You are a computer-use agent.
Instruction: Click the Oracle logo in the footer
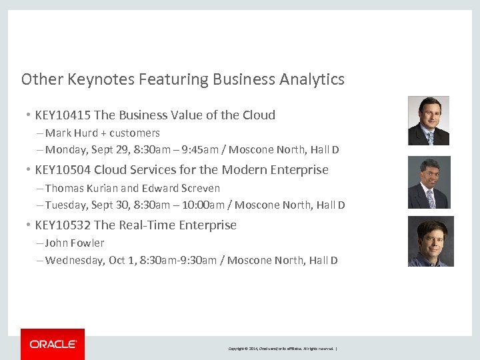(53, 344)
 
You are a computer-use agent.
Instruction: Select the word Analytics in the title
(312, 79)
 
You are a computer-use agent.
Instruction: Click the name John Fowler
(75, 243)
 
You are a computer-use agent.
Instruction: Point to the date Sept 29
(111, 150)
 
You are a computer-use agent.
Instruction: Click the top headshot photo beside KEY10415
(429, 121)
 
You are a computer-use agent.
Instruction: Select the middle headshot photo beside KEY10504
(429, 182)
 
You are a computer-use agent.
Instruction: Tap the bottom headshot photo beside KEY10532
(431, 241)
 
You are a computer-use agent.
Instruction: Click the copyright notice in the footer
(283, 349)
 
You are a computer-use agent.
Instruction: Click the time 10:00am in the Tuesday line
(201, 205)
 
